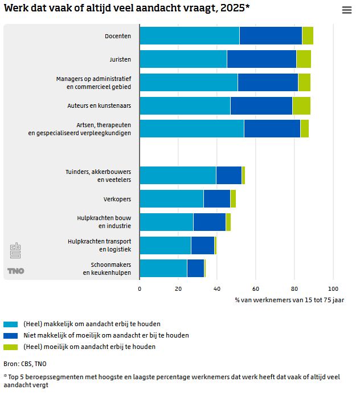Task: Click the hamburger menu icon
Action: pyautogui.click(x=346, y=10)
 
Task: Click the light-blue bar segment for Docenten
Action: pyautogui.click(x=189, y=35)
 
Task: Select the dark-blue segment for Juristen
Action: pyautogui.click(x=261, y=59)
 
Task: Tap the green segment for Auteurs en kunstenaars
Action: pyautogui.click(x=301, y=105)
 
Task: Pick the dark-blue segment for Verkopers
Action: pyautogui.click(x=216, y=198)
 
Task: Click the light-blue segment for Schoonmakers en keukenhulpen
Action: pyautogui.click(x=163, y=268)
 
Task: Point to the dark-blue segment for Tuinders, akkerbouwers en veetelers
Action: pyautogui.click(x=229, y=175)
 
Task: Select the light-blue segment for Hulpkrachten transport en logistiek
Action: pyautogui.click(x=165, y=245)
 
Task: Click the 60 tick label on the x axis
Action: pyautogui.click(x=256, y=289)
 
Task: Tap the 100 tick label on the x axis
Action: pyautogui.click(x=333, y=289)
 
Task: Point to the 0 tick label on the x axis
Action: pyautogui.click(x=140, y=289)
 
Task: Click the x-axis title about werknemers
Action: pyautogui.click(x=289, y=299)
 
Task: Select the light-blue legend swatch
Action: pyautogui.click(x=11, y=324)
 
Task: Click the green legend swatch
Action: pyautogui.click(x=11, y=347)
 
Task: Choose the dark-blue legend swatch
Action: pyautogui.click(x=11, y=335)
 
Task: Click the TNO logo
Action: pyautogui.click(x=16, y=271)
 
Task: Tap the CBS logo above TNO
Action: pyautogui.click(x=15, y=251)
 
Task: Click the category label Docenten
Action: pyautogui.click(x=118, y=36)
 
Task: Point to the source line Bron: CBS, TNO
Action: pyautogui.click(x=25, y=363)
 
